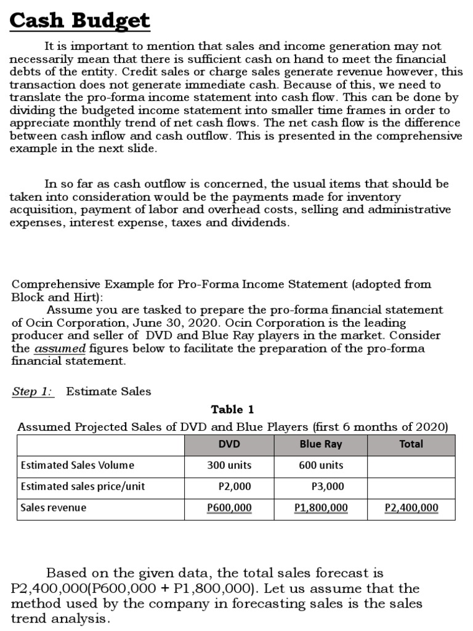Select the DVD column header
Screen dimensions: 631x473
click(x=229, y=444)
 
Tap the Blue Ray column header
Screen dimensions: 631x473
click(x=321, y=444)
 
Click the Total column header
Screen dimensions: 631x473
click(x=411, y=444)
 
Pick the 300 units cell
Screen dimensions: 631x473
click(x=229, y=465)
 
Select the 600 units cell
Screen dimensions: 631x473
click(x=321, y=465)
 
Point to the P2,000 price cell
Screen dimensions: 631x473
click(x=235, y=486)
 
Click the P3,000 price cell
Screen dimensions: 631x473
click(x=328, y=486)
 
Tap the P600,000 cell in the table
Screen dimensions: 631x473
click(x=229, y=508)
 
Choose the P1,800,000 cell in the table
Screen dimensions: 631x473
click(x=321, y=508)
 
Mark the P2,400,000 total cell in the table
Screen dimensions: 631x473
click(x=411, y=508)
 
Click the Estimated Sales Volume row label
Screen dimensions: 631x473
click(x=77, y=465)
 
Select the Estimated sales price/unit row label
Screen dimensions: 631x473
click(x=83, y=486)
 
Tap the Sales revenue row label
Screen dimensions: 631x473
click(x=54, y=508)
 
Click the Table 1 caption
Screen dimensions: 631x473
click(x=232, y=409)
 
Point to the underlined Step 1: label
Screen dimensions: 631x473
click(x=33, y=391)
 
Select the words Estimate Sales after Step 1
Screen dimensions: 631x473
click(x=108, y=391)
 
